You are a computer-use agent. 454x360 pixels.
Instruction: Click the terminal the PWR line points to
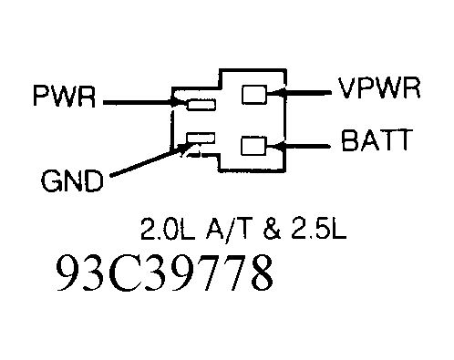point(200,105)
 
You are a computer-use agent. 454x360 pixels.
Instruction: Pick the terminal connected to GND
point(200,139)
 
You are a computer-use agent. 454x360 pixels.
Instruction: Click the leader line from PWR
point(137,103)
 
